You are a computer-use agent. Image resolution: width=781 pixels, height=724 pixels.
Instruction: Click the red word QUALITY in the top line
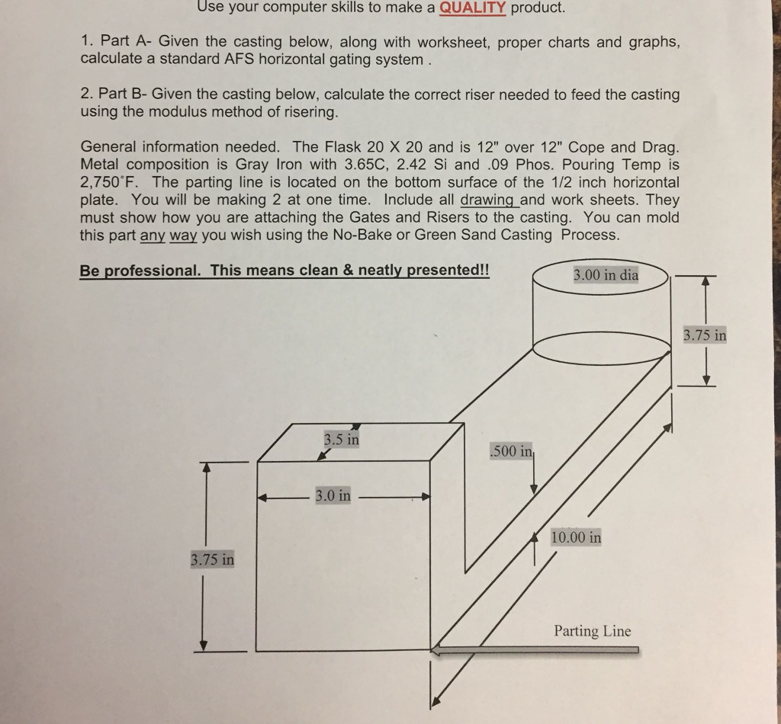(x=474, y=8)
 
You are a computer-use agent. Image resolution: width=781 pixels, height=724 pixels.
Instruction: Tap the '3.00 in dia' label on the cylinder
(x=606, y=275)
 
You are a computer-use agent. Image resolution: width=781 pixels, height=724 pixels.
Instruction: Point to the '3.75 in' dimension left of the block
(x=213, y=560)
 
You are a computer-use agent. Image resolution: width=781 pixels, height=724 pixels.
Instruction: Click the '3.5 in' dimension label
(x=341, y=440)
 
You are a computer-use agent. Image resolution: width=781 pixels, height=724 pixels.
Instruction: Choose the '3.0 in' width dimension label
(x=333, y=496)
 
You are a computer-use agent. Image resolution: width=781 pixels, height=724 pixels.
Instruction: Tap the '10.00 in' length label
(x=576, y=537)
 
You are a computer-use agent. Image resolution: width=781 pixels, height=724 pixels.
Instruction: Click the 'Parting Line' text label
(x=593, y=631)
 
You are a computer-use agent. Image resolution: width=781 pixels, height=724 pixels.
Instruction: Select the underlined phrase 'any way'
(x=169, y=235)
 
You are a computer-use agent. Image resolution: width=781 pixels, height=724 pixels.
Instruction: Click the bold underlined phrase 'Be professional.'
(x=141, y=271)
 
